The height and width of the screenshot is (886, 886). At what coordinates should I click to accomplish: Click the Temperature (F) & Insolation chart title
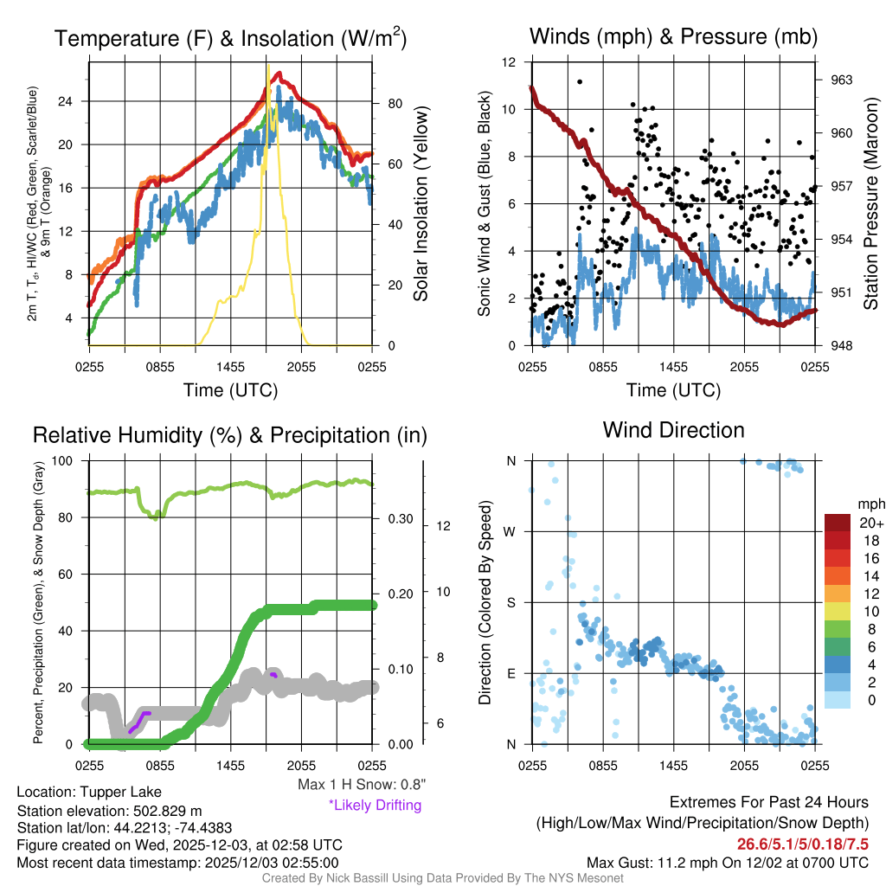[x=231, y=39]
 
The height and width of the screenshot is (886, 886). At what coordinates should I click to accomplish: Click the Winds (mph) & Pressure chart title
[x=674, y=36]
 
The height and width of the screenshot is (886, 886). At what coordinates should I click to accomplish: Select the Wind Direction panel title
[x=673, y=430]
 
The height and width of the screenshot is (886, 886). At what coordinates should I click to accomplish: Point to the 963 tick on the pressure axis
[x=842, y=80]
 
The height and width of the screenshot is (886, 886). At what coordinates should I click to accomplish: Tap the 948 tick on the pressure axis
[x=842, y=345]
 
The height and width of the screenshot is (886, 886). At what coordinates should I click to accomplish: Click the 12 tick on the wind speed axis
[x=509, y=62]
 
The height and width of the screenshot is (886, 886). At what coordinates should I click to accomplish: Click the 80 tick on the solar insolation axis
[x=394, y=103]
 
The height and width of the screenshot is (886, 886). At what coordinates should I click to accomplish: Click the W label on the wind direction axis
[x=511, y=531]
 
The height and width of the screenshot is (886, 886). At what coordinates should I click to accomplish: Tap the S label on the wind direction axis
[x=511, y=602]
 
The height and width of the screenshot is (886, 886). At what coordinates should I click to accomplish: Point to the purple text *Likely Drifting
[x=374, y=806]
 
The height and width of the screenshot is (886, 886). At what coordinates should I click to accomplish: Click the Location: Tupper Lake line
[x=88, y=793]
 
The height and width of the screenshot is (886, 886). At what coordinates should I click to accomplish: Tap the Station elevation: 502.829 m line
[x=109, y=811]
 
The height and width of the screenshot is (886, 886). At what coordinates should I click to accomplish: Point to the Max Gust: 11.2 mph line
[x=727, y=862]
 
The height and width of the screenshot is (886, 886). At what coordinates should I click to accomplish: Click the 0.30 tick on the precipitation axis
[x=400, y=519]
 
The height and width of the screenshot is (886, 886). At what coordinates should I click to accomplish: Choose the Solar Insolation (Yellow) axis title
[x=421, y=204]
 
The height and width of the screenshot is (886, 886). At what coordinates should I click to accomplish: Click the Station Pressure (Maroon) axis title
[x=871, y=204]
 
